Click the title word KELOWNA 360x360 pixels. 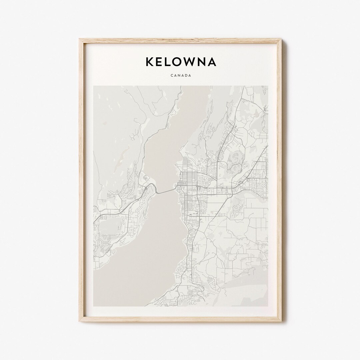[180, 62]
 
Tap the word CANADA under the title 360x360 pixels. [180, 76]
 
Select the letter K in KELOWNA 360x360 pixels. [149, 62]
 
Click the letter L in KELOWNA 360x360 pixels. [168, 62]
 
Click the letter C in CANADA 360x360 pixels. [171, 76]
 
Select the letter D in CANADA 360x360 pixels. [185, 76]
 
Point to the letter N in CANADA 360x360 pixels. [178, 76]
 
